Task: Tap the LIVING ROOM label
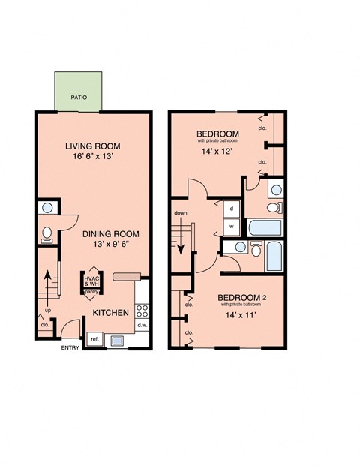pyautogui.click(x=92, y=146)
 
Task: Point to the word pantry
pyautogui.click(x=92, y=293)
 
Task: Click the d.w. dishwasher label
pyautogui.click(x=142, y=326)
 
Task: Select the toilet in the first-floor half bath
pyautogui.click(x=46, y=234)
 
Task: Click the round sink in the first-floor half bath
pyautogui.click(x=46, y=208)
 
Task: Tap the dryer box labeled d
pyautogui.click(x=232, y=208)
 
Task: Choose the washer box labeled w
pyautogui.click(x=232, y=224)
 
